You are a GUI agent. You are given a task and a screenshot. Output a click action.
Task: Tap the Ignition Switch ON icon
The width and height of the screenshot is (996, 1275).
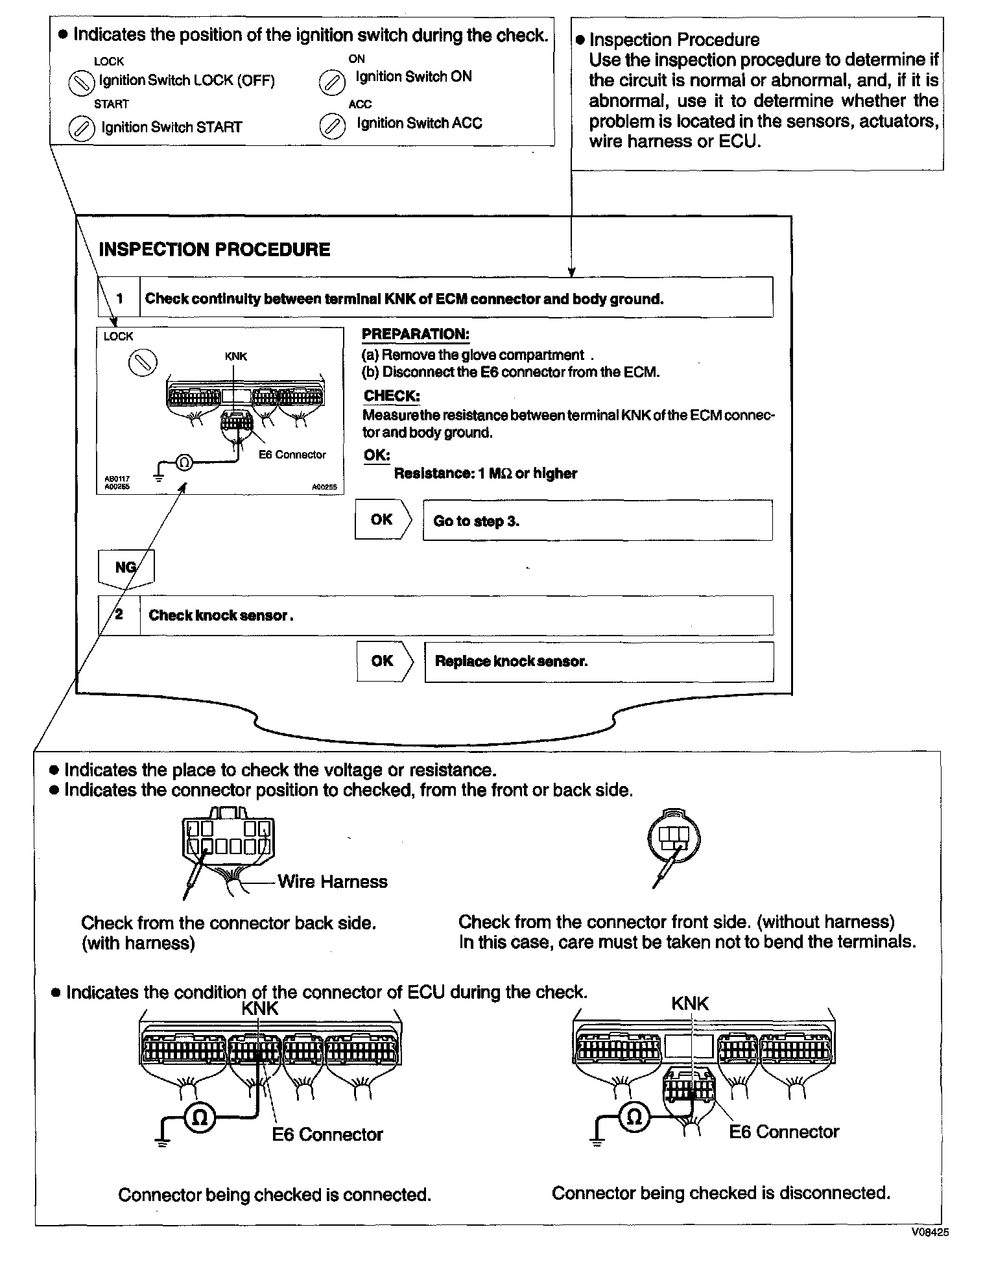[332, 82]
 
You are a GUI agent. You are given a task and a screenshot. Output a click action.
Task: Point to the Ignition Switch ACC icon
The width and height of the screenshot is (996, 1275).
[332, 126]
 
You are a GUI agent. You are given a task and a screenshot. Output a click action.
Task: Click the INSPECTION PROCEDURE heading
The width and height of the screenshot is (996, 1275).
[214, 250]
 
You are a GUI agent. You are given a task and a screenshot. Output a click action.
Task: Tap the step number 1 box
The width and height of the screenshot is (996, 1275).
[119, 298]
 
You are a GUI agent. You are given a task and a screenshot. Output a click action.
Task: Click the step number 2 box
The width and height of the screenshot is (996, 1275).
[119, 614]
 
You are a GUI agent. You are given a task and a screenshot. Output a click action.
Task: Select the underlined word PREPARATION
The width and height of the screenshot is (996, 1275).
[415, 335]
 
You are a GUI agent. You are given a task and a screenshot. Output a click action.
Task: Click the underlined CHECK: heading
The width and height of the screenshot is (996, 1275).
[391, 396]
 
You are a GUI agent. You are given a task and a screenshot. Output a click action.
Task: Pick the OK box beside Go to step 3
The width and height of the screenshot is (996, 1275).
[383, 519]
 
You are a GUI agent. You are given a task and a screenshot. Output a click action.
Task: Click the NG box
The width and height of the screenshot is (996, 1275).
[125, 567]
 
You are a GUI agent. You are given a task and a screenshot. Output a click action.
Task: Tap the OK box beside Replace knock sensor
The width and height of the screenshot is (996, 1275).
[383, 661]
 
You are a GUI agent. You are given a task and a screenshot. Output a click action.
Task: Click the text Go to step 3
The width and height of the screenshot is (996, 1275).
[476, 521]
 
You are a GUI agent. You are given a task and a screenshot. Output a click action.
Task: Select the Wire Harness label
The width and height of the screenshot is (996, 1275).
[332, 881]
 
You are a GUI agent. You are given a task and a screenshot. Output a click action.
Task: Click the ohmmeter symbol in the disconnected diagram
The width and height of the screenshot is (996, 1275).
[635, 1116]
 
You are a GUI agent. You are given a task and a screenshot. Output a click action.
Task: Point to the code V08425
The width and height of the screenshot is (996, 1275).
[929, 1232]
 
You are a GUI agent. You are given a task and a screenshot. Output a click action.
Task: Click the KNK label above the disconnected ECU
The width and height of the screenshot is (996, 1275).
[690, 1003]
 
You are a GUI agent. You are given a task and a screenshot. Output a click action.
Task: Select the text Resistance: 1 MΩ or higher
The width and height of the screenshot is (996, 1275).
[485, 473]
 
